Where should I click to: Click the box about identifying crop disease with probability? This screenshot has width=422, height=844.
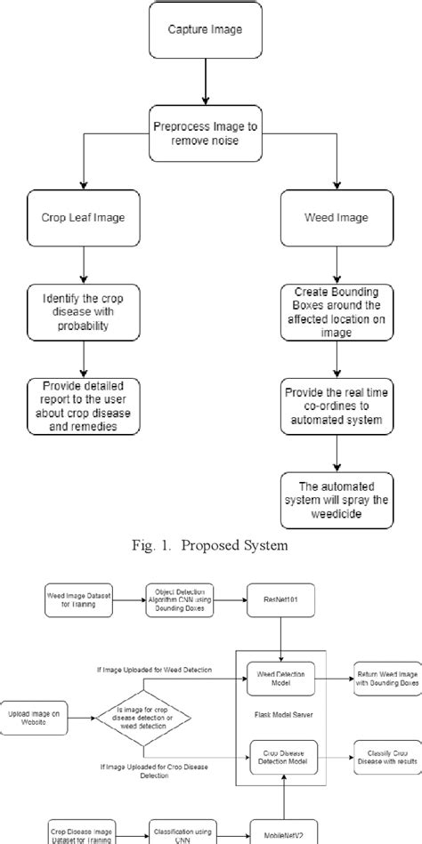pos(83,313)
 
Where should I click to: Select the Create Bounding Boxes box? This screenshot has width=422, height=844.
pos(337,312)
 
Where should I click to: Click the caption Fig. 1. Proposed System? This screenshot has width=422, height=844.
pos(211,545)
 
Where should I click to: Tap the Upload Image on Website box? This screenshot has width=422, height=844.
pos(37,717)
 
